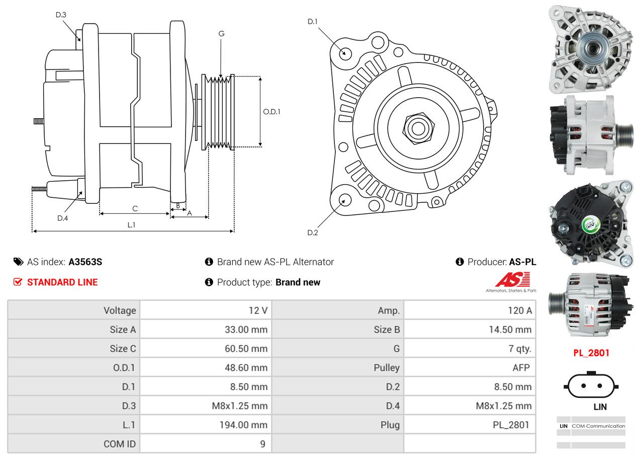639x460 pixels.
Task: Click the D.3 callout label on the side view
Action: [61, 15]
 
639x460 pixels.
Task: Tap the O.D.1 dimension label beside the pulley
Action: [271, 112]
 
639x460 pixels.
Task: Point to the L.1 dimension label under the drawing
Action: [131, 225]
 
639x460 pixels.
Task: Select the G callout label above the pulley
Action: [221, 34]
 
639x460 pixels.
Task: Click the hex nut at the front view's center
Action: [417, 128]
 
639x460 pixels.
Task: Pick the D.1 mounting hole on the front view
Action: [345, 53]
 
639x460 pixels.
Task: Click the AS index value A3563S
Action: [85, 262]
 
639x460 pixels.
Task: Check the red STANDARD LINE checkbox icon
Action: [18, 282]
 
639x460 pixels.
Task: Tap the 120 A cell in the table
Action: [519, 311]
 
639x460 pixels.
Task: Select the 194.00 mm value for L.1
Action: [243, 425]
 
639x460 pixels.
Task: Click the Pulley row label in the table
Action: [387, 367]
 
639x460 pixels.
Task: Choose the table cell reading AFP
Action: [521, 367]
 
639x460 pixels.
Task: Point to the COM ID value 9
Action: [262, 444]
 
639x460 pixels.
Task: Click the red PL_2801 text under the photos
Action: [591, 353]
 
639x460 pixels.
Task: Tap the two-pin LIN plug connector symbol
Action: [591, 386]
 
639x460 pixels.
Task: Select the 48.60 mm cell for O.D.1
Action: [246, 367]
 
